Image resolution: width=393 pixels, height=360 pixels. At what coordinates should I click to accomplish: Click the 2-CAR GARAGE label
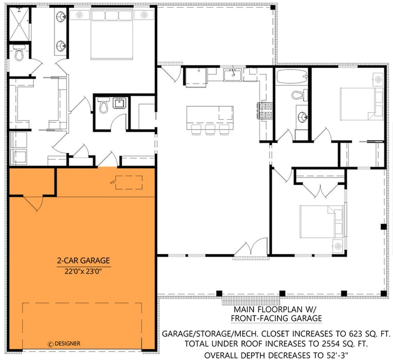pyautogui.click(x=82, y=261)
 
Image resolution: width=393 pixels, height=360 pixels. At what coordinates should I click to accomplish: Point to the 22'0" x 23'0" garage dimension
pyautogui.click(x=82, y=270)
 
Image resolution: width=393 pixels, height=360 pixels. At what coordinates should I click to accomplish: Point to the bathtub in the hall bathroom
pyautogui.click(x=292, y=77)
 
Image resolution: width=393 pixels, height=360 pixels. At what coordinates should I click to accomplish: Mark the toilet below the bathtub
pyautogui.click(x=298, y=95)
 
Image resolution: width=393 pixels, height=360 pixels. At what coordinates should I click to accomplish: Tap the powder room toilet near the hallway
pyautogui.click(x=104, y=106)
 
